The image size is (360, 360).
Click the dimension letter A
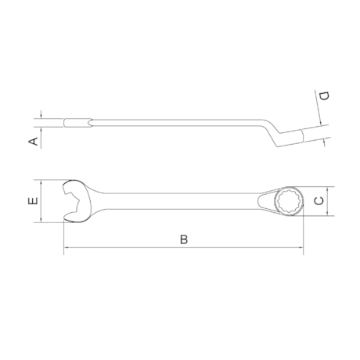point(32,141)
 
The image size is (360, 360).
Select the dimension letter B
point(183,239)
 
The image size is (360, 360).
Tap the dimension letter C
point(318,201)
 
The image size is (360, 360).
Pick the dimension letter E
point(31,202)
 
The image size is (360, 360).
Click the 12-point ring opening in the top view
point(287,201)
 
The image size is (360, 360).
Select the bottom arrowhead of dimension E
point(39,221)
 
